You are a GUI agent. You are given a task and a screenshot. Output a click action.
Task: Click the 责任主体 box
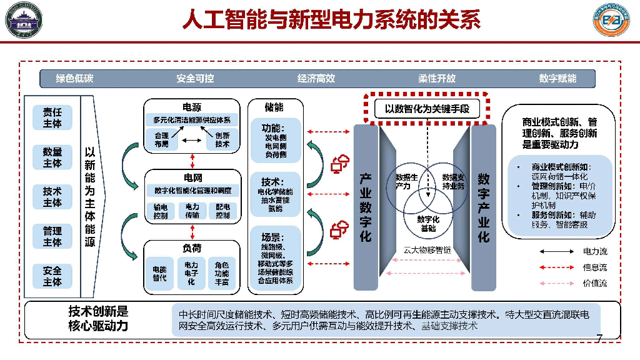tap(52, 117)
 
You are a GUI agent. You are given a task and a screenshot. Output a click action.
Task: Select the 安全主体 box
tap(52, 276)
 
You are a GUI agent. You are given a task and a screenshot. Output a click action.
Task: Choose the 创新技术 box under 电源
tap(222, 139)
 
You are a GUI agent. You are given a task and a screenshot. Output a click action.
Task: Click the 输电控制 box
tap(161, 211)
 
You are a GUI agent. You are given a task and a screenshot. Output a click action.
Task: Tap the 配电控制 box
tap(222, 211)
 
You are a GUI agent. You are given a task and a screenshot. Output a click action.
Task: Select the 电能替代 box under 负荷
tap(160, 274)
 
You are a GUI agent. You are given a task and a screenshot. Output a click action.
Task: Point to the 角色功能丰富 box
tap(222, 274)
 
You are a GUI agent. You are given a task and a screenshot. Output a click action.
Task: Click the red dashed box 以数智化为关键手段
tap(427, 109)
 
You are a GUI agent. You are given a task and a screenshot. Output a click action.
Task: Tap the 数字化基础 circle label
tap(428, 223)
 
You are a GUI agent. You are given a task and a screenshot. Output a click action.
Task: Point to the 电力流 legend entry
tap(594, 251)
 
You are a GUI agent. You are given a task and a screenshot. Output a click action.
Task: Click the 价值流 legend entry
tap(594, 282)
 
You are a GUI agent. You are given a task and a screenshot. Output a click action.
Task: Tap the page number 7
tap(599, 339)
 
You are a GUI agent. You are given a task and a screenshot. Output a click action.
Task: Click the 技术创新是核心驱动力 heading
tap(98, 319)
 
